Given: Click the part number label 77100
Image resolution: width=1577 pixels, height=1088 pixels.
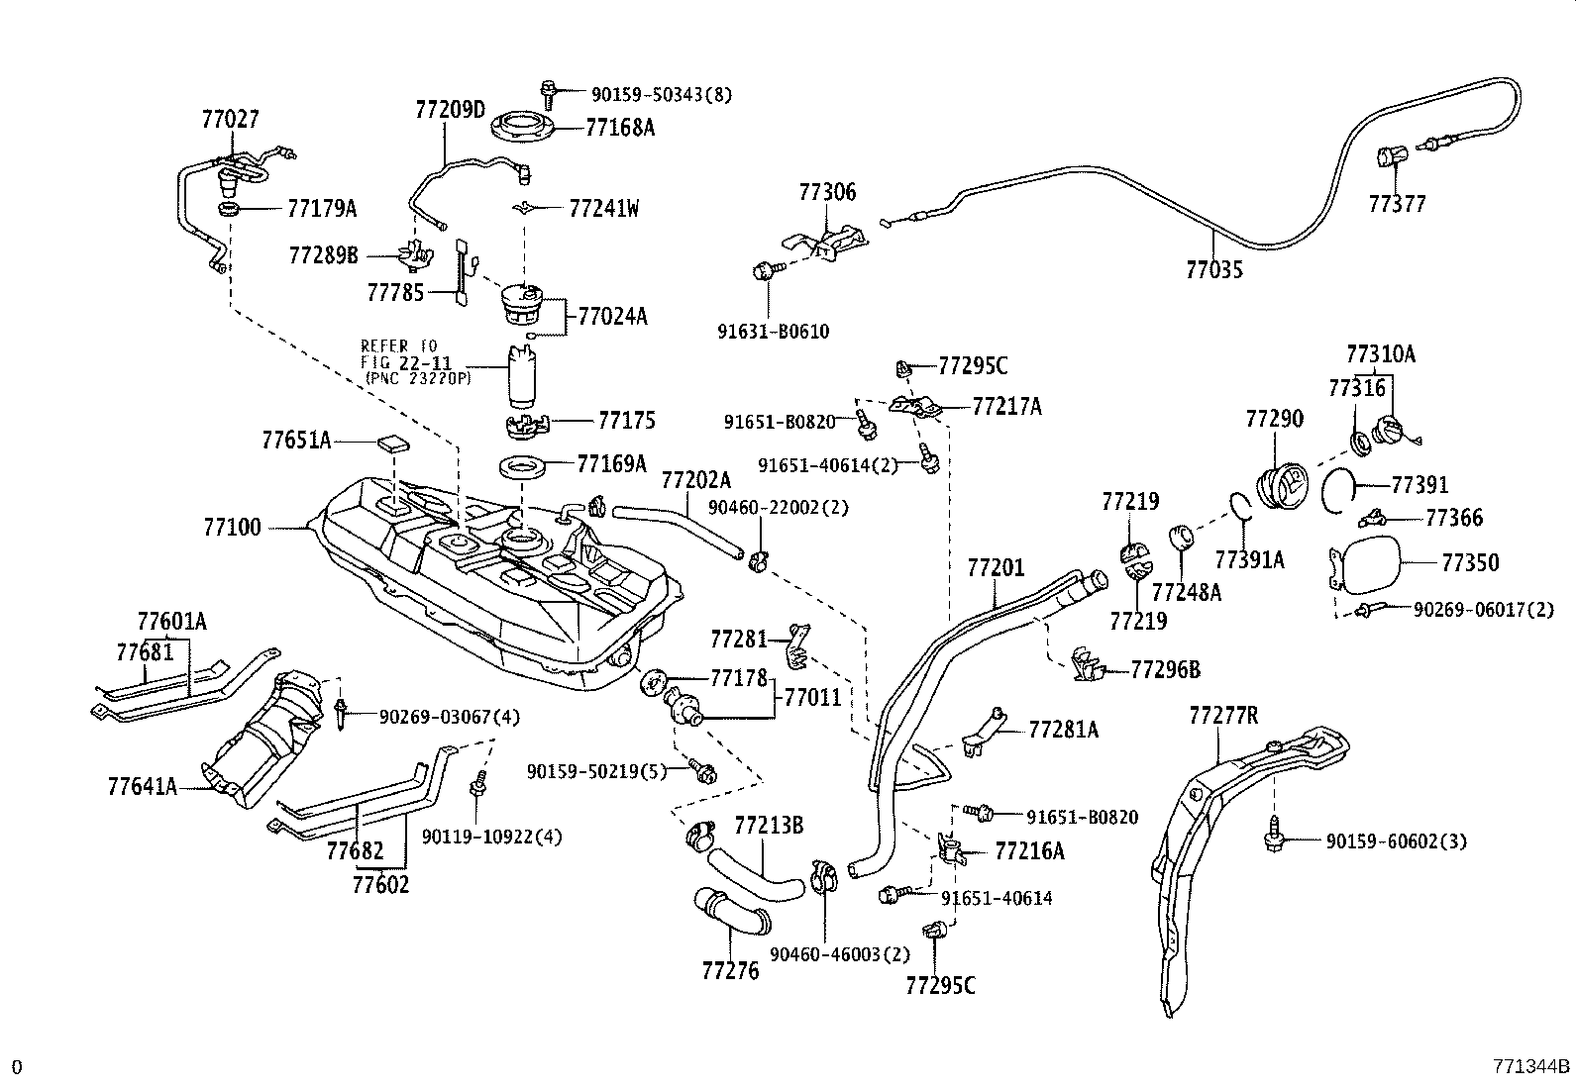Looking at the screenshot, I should coord(233,528).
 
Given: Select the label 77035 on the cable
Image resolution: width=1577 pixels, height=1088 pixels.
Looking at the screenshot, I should coord(1213,268).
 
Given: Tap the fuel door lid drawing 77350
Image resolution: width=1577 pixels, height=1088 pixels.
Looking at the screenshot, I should coord(1369,562).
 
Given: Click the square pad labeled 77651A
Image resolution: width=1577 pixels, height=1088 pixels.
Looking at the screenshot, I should coord(395,443).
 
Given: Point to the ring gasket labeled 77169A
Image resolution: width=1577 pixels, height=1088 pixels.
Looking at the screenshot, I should coord(522,463).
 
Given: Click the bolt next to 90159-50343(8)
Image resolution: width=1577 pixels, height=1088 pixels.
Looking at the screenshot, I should coord(549,93).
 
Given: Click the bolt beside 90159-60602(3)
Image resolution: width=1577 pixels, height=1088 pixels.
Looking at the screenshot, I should coord(1272,839).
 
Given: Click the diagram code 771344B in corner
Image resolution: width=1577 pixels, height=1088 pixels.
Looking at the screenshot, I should coord(1530,1066).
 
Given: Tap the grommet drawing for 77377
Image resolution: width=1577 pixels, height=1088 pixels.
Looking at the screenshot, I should coord(1392,157).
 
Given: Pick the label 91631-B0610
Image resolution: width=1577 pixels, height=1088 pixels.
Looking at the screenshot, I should coord(773,332).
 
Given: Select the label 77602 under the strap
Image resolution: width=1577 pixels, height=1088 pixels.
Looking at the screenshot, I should coord(380,883).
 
